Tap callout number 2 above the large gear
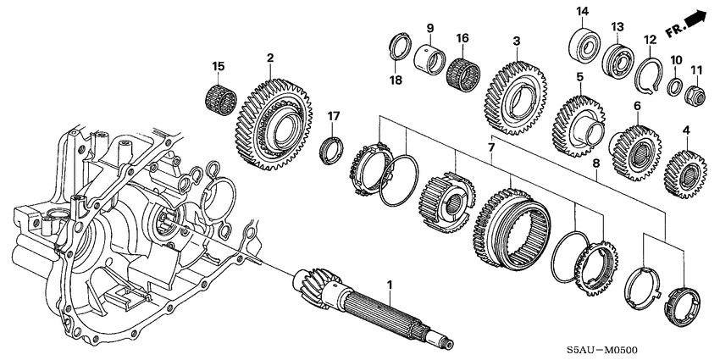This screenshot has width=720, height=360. [x=270, y=58]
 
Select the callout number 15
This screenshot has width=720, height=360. [x=218, y=66]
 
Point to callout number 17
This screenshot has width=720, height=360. [x=335, y=115]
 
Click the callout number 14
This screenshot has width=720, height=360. [x=582, y=11]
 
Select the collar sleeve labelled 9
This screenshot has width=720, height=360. [x=429, y=60]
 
